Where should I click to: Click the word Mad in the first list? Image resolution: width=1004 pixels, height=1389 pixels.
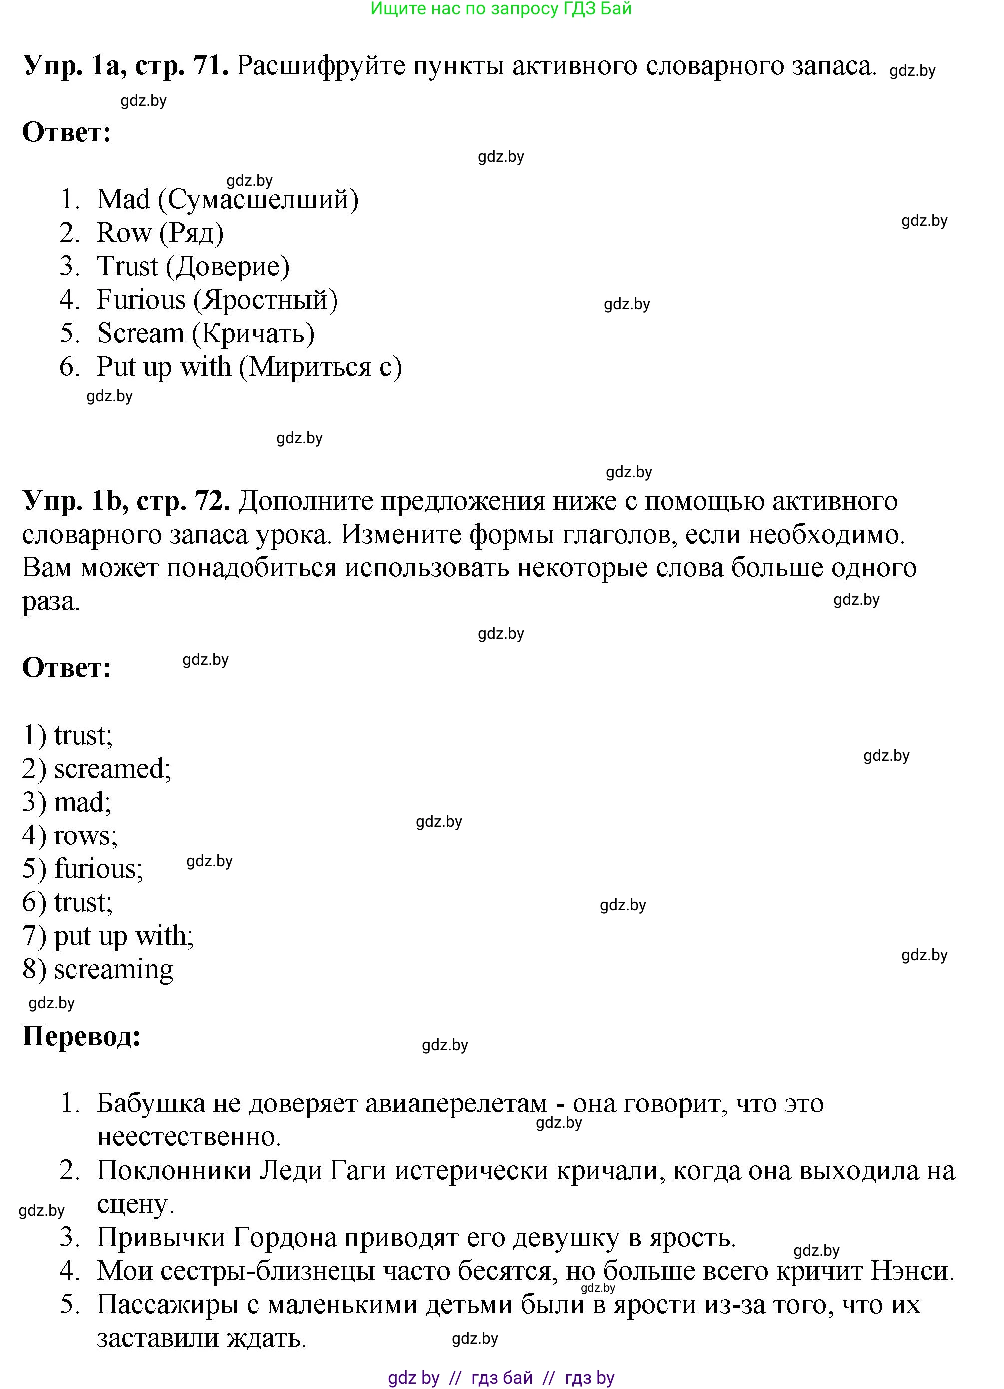click(123, 200)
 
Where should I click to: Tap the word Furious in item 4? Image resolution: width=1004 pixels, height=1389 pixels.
click(141, 300)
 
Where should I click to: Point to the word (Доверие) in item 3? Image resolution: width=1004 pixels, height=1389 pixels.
click(228, 267)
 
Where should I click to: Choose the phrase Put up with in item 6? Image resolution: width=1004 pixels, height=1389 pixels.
click(164, 367)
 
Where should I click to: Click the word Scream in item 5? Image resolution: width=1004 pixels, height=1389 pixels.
click(140, 334)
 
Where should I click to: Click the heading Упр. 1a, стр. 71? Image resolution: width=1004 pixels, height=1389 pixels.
click(126, 65)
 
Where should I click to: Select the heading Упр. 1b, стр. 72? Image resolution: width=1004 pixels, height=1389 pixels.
click(126, 501)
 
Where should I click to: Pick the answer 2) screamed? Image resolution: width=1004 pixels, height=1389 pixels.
click(97, 769)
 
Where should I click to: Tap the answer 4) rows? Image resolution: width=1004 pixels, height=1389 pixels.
click(70, 836)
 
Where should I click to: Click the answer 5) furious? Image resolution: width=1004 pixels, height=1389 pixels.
click(83, 869)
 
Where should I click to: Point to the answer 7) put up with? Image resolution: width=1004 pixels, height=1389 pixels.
click(108, 936)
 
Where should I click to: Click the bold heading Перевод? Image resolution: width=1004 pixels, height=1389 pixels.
click(81, 1036)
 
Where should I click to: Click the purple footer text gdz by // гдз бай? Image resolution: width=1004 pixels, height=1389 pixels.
click(459, 1378)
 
